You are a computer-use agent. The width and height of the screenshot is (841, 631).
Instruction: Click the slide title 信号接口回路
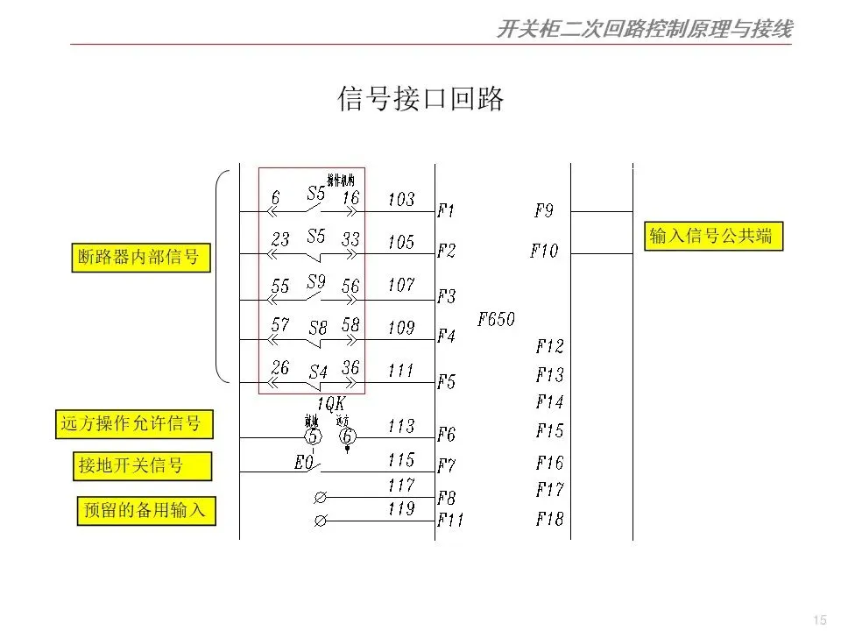[x=421, y=100]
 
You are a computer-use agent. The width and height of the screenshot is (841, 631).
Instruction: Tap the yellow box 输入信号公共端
[x=713, y=237]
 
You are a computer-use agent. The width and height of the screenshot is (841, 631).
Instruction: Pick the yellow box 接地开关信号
[x=142, y=465]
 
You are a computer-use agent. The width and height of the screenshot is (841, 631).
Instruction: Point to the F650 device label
[x=496, y=320]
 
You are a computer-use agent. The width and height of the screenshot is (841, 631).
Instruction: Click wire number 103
[x=400, y=200]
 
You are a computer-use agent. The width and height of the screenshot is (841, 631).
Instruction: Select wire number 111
[x=400, y=371]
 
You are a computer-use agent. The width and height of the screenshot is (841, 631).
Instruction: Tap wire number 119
[x=400, y=508]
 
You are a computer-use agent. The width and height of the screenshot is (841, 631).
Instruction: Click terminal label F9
[x=543, y=211]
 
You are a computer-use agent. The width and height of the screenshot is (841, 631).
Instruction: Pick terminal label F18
[x=550, y=519]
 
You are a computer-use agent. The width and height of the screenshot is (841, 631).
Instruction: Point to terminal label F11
[x=450, y=521]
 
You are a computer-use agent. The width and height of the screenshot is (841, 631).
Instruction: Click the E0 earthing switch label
[x=304, y=463]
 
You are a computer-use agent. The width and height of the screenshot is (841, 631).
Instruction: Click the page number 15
[x=820, y=620]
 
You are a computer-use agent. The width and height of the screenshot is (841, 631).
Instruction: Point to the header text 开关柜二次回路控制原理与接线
[x=644, y=30]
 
